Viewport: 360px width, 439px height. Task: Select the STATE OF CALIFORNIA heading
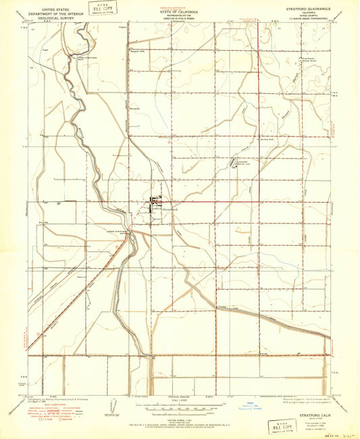pos(180,11)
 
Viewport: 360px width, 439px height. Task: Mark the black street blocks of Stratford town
pos(155,201)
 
